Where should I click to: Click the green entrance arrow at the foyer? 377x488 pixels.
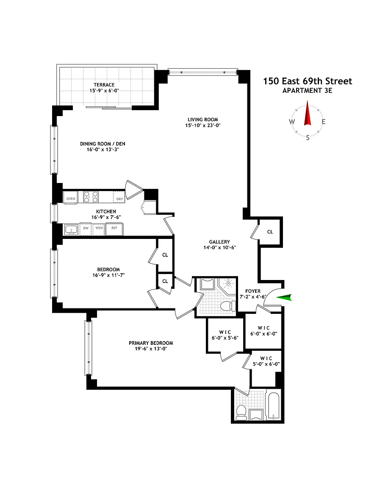(284, 297)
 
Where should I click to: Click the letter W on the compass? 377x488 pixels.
(292, 122)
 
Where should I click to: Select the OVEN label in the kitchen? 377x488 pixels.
(71, 199)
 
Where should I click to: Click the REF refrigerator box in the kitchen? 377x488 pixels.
(114, 229)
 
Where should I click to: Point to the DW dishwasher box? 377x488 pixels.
(86, 229)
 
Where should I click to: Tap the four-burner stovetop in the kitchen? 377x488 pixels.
(91, 197)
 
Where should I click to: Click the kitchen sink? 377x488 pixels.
(71, 229)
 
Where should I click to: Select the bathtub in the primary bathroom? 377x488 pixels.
(273, 406)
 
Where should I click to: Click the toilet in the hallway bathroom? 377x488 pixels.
(228, 306)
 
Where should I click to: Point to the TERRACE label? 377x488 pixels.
(104, 85)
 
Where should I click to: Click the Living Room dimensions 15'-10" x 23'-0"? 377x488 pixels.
(202, 125)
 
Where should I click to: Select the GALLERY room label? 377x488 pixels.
(219, 242)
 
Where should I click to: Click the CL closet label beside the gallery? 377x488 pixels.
(270, 232)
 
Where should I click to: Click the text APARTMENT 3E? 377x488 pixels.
(307, 91)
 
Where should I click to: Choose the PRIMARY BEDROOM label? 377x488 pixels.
(151, 343)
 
